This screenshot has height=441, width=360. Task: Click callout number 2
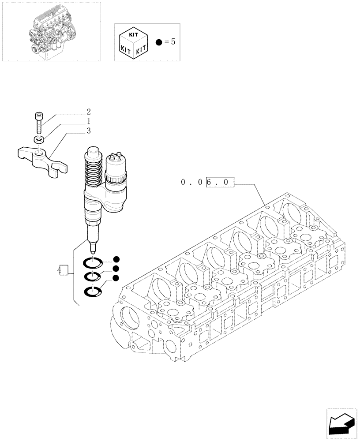(x=89, y=112)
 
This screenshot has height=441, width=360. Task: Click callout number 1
(x=89, y=121)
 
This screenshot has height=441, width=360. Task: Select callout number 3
(x=89, y=131)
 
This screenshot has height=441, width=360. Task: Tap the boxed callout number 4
(x=62, y=270)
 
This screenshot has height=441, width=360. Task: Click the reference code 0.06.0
(x=208, y=182)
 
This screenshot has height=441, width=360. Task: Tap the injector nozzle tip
(x=93, y=248)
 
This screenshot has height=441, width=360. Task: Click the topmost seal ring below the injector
(x=93, y=263)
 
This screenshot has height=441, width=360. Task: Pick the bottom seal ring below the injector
(x=93, y=292)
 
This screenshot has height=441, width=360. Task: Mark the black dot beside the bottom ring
(x=116, y=278)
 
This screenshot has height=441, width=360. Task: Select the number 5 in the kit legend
(x=172, y=42)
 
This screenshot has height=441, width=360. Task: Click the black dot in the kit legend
(x=159, y=43)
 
